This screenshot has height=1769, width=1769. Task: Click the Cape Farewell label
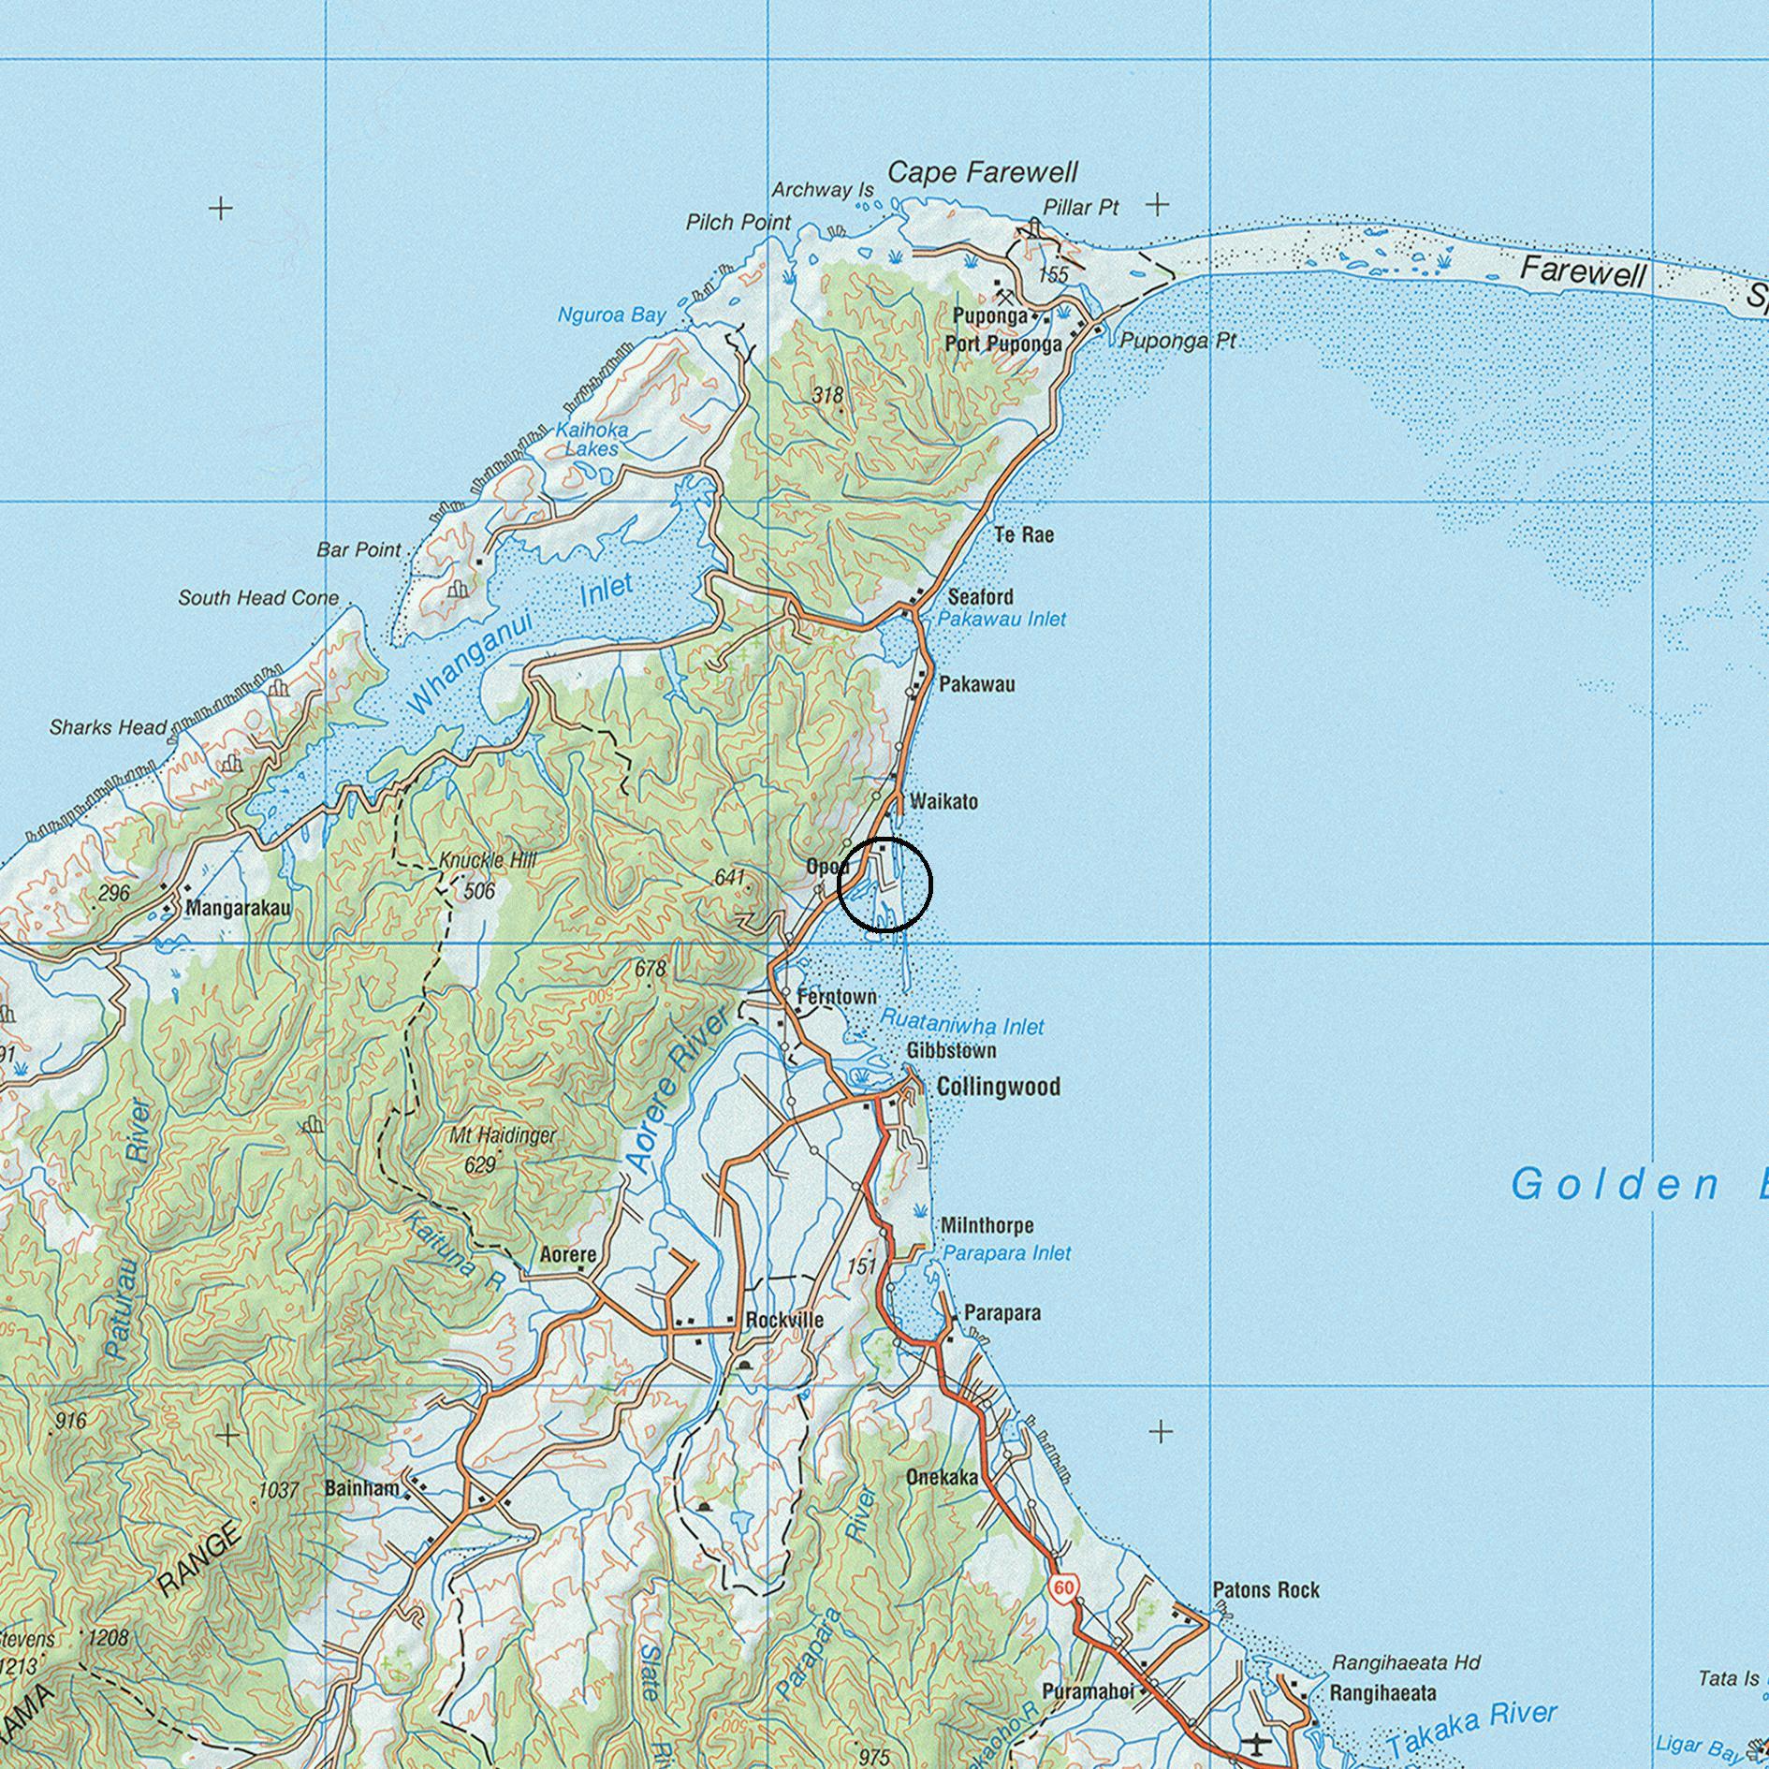coord(982,172)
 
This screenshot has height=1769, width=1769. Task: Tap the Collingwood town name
coord(998,1087)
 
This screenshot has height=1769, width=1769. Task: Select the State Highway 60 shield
coord(1063,1587)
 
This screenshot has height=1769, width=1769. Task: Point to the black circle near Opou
coord(884,884)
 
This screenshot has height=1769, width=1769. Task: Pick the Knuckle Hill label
coord(488,860)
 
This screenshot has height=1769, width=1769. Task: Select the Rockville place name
coord(784,1320)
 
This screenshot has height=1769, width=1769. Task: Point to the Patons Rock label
coord(1265,1589)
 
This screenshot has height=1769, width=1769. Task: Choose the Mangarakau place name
coord(238,907)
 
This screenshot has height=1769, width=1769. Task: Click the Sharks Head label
coord(108,727)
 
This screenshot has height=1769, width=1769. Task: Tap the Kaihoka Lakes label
coord(592,439)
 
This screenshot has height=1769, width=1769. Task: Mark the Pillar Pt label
coord(1080,208)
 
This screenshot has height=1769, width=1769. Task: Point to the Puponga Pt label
coord(1177,341)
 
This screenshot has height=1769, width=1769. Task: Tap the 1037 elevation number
coord(278,1489)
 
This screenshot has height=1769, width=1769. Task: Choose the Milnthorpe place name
coord(987,1225)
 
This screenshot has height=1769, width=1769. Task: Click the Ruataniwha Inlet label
coord(961,1026)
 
